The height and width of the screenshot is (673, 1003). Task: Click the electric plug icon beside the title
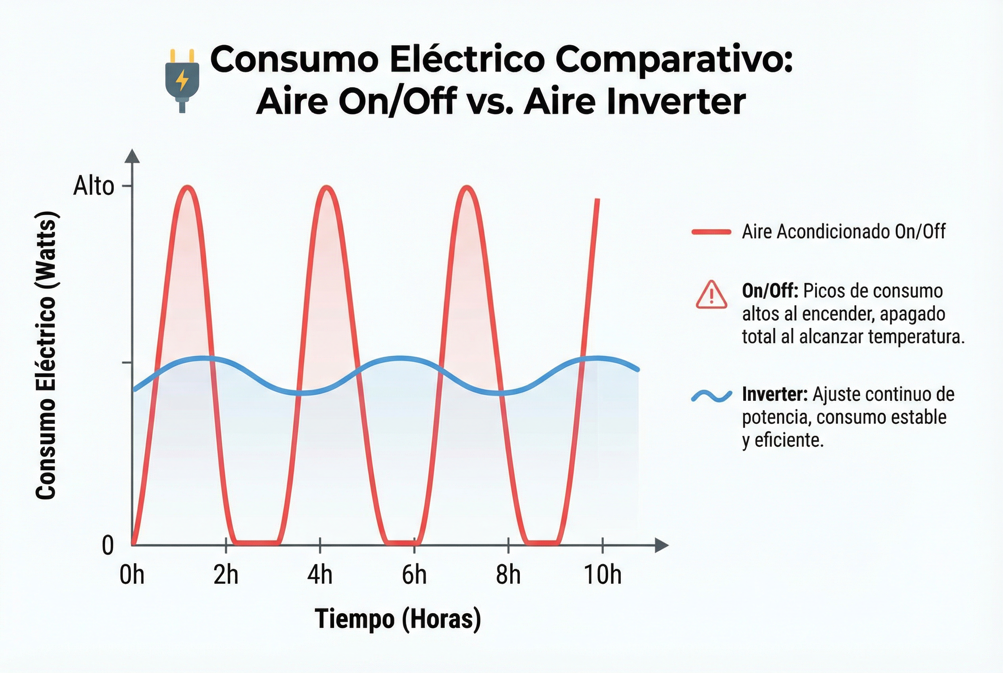(183, 80)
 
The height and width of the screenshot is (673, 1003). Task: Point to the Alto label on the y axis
(94, 186)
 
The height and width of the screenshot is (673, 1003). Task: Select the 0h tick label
(132, 575)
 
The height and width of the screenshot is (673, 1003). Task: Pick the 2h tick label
(226, 575)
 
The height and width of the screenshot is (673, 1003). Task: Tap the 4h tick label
(320, 575)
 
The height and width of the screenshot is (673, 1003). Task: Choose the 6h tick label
(414, 575)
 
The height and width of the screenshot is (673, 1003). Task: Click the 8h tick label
(508, 575)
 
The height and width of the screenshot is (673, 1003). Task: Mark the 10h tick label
(602, 575)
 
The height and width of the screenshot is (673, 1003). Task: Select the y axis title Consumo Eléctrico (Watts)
(46, 356)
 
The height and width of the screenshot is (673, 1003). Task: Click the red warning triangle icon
(711, 295)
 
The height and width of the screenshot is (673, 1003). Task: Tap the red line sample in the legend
(711, 232)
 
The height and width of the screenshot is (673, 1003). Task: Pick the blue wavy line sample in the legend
(711, 396)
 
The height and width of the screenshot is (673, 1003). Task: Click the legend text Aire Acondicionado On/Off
(844, 232)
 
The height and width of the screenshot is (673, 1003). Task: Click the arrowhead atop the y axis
(132, 156)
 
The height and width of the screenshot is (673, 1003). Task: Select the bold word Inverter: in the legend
(775, 394)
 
